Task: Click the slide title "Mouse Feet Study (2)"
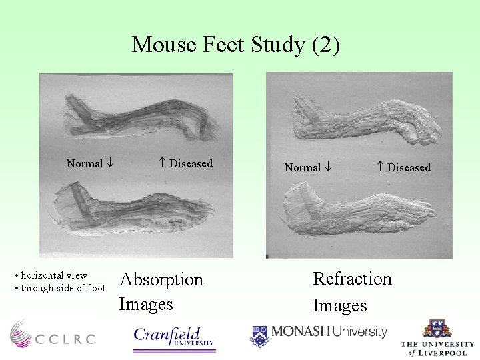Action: coord(236,45)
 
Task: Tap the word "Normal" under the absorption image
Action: coord(85,163)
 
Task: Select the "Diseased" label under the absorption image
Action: coord(191,163)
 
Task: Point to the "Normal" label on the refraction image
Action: coord(303,167)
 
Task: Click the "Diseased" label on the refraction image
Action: coord(409,167)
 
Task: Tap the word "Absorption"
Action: coord(161,279)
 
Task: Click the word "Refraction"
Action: coord(352,278)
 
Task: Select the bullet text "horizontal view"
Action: coord(54,275)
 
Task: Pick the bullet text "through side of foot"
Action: coord(63,288)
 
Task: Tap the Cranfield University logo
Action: coord(174,335)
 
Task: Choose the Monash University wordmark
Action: coord(329,331)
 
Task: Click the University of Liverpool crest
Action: coord(437,329)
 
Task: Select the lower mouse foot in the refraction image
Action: coord(360,213)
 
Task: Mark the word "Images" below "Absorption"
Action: coord(145,305)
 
